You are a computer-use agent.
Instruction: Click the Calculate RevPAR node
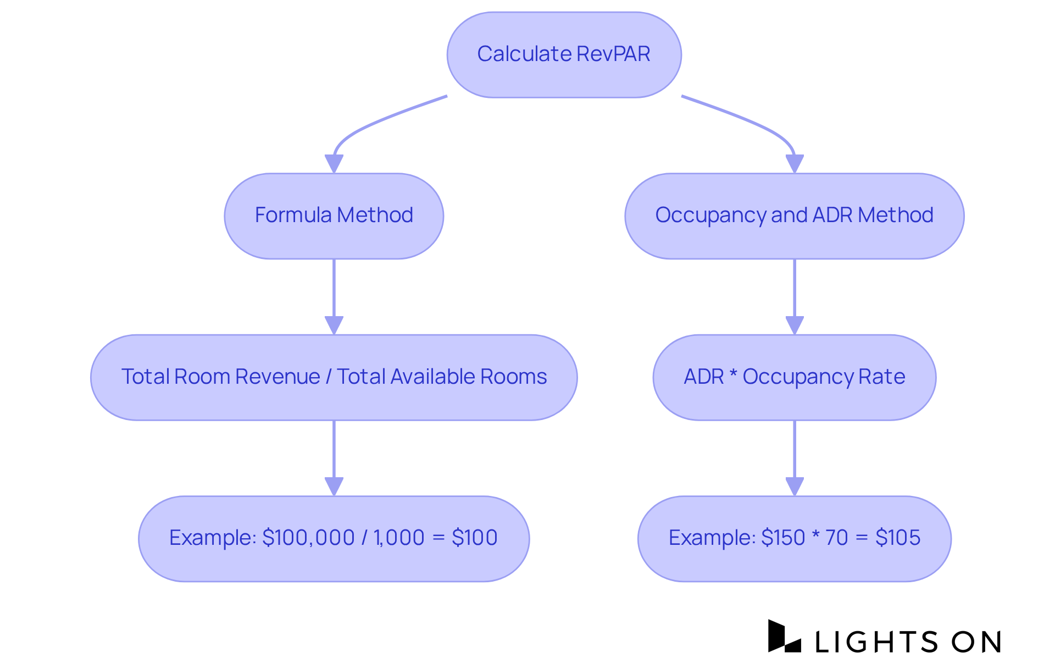point(564,54)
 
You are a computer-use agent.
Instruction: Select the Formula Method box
point(334,216)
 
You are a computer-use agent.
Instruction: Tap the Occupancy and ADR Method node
point(794,216)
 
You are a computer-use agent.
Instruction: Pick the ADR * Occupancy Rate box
point(794,377)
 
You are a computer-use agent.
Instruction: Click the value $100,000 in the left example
point(308,538)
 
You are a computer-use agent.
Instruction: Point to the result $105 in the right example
point(897,538)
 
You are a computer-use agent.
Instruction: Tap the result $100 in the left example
point(474,538)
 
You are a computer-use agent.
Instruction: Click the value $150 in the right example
point(783,538)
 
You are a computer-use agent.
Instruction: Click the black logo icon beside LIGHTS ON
point(784,637)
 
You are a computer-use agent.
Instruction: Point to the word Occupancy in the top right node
point(710,216)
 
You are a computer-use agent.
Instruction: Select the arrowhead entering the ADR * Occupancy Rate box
point(795,325)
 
